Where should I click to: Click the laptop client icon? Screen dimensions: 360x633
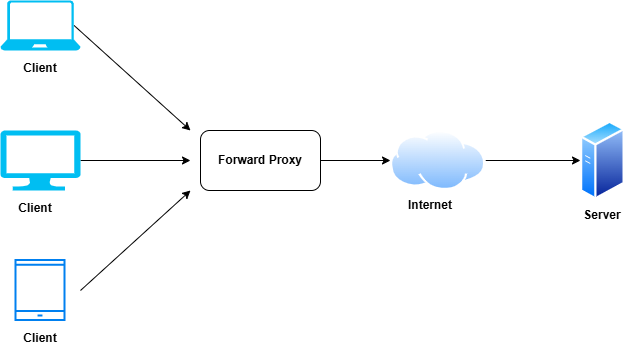(40, 28)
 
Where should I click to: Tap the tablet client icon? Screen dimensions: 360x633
(40, 290)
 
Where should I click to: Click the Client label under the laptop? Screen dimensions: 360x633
(40, 68)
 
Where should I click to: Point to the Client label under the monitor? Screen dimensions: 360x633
(35, 208)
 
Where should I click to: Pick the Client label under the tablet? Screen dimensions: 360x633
(40, 338)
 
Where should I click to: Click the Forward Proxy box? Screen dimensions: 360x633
(261, 160)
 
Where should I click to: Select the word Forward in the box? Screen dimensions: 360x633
(240, 160)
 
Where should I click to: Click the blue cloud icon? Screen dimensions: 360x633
(437, 160)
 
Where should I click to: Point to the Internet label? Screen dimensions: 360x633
(430, 205)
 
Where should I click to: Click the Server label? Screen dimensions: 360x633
(602, 215)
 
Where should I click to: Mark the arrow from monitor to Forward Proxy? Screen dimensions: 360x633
(135, 160)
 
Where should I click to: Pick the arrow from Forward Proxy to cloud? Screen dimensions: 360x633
(355, 160)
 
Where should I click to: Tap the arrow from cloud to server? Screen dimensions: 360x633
(532, 160)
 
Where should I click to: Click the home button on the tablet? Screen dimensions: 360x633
(40, 316)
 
